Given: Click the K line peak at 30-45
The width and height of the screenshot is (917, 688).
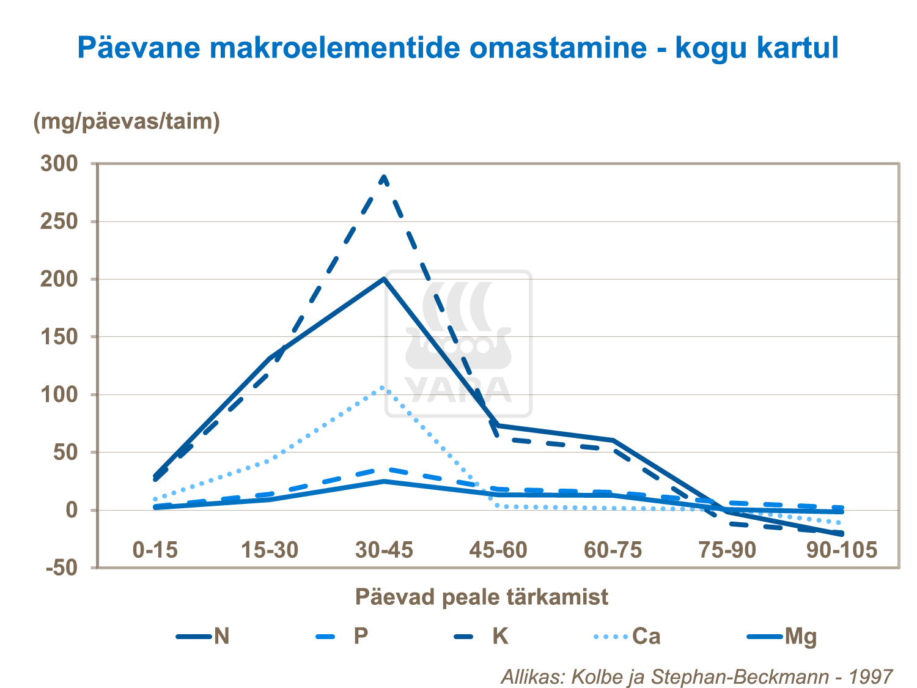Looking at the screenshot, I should [384, 177].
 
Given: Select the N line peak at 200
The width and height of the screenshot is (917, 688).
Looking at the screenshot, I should [384, 279].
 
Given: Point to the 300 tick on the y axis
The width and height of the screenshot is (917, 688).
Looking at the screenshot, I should [59, 163].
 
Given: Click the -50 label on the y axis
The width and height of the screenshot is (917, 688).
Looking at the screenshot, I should [62, 568].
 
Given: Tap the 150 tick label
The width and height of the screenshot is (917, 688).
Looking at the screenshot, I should [59, 337].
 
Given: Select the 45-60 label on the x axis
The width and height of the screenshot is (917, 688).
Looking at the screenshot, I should [498, 550].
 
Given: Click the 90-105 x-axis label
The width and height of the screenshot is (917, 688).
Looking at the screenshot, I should [842, 550].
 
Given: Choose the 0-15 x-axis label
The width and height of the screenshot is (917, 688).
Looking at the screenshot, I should [155, 550].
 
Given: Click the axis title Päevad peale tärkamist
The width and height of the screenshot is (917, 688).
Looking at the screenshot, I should [482, 596].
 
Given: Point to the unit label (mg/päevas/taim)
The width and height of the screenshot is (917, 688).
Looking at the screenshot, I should [127, 121].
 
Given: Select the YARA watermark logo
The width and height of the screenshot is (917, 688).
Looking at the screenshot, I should [458, 344].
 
